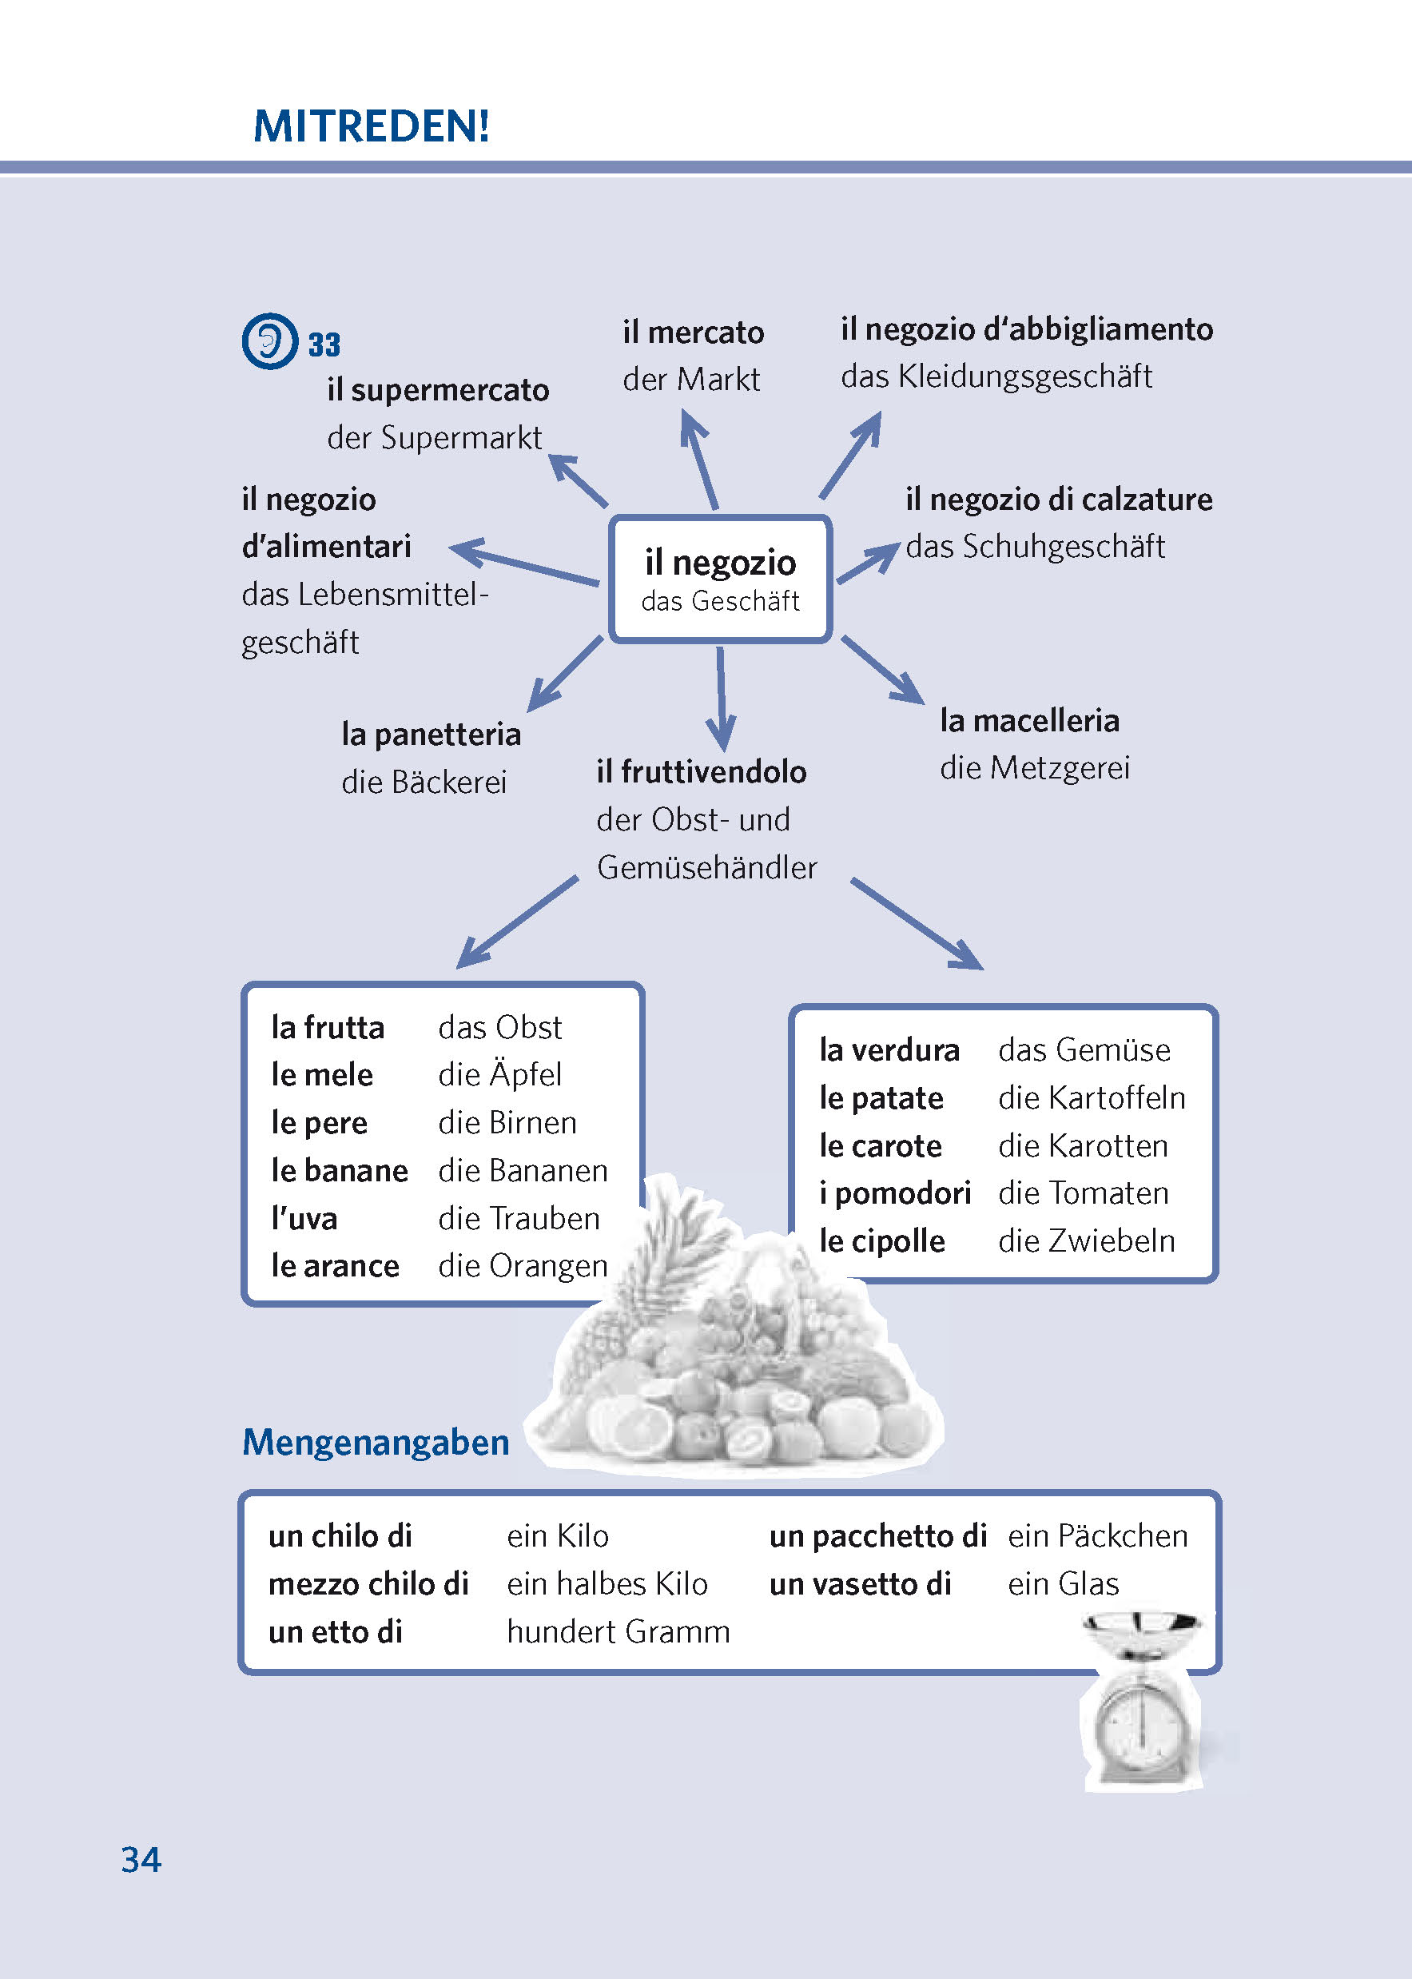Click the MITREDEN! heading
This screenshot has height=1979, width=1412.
372,126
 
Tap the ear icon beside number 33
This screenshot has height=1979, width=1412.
269,340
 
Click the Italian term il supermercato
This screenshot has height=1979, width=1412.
437,389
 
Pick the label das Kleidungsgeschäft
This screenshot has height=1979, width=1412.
996,376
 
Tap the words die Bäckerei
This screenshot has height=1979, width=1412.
424,782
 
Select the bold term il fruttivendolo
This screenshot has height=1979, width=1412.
701,771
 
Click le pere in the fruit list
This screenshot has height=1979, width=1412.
319,1122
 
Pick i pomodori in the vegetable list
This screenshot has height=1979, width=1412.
895,1193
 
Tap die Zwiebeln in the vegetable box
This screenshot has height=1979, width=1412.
1086,1240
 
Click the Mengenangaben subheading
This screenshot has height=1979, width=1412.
376,1443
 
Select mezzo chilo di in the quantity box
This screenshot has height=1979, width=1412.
368,1583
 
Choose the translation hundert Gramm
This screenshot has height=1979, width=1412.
618,1631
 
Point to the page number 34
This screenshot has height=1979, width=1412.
141,1860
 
